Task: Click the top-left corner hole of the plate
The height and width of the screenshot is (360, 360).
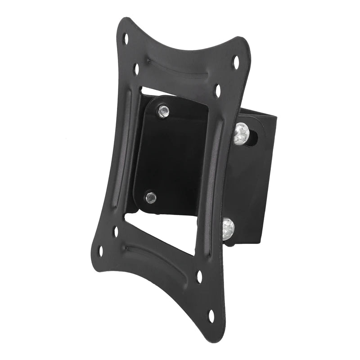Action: (126, 39)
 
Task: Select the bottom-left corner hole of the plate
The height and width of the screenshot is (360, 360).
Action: (101, 251)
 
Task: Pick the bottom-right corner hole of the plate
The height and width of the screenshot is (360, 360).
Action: (211, 315)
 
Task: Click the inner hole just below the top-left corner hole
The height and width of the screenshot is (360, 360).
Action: (136, 69)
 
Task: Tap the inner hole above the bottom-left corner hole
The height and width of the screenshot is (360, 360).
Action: (116, 231)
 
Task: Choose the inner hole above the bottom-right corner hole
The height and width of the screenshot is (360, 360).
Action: (199, 276)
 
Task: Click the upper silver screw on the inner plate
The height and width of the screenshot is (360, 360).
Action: (163, 111)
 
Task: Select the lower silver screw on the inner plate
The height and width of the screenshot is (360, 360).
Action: (151, 197)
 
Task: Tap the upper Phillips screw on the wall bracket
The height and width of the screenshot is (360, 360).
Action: (241, 134)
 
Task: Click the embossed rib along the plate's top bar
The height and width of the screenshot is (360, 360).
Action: (180, 67)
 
